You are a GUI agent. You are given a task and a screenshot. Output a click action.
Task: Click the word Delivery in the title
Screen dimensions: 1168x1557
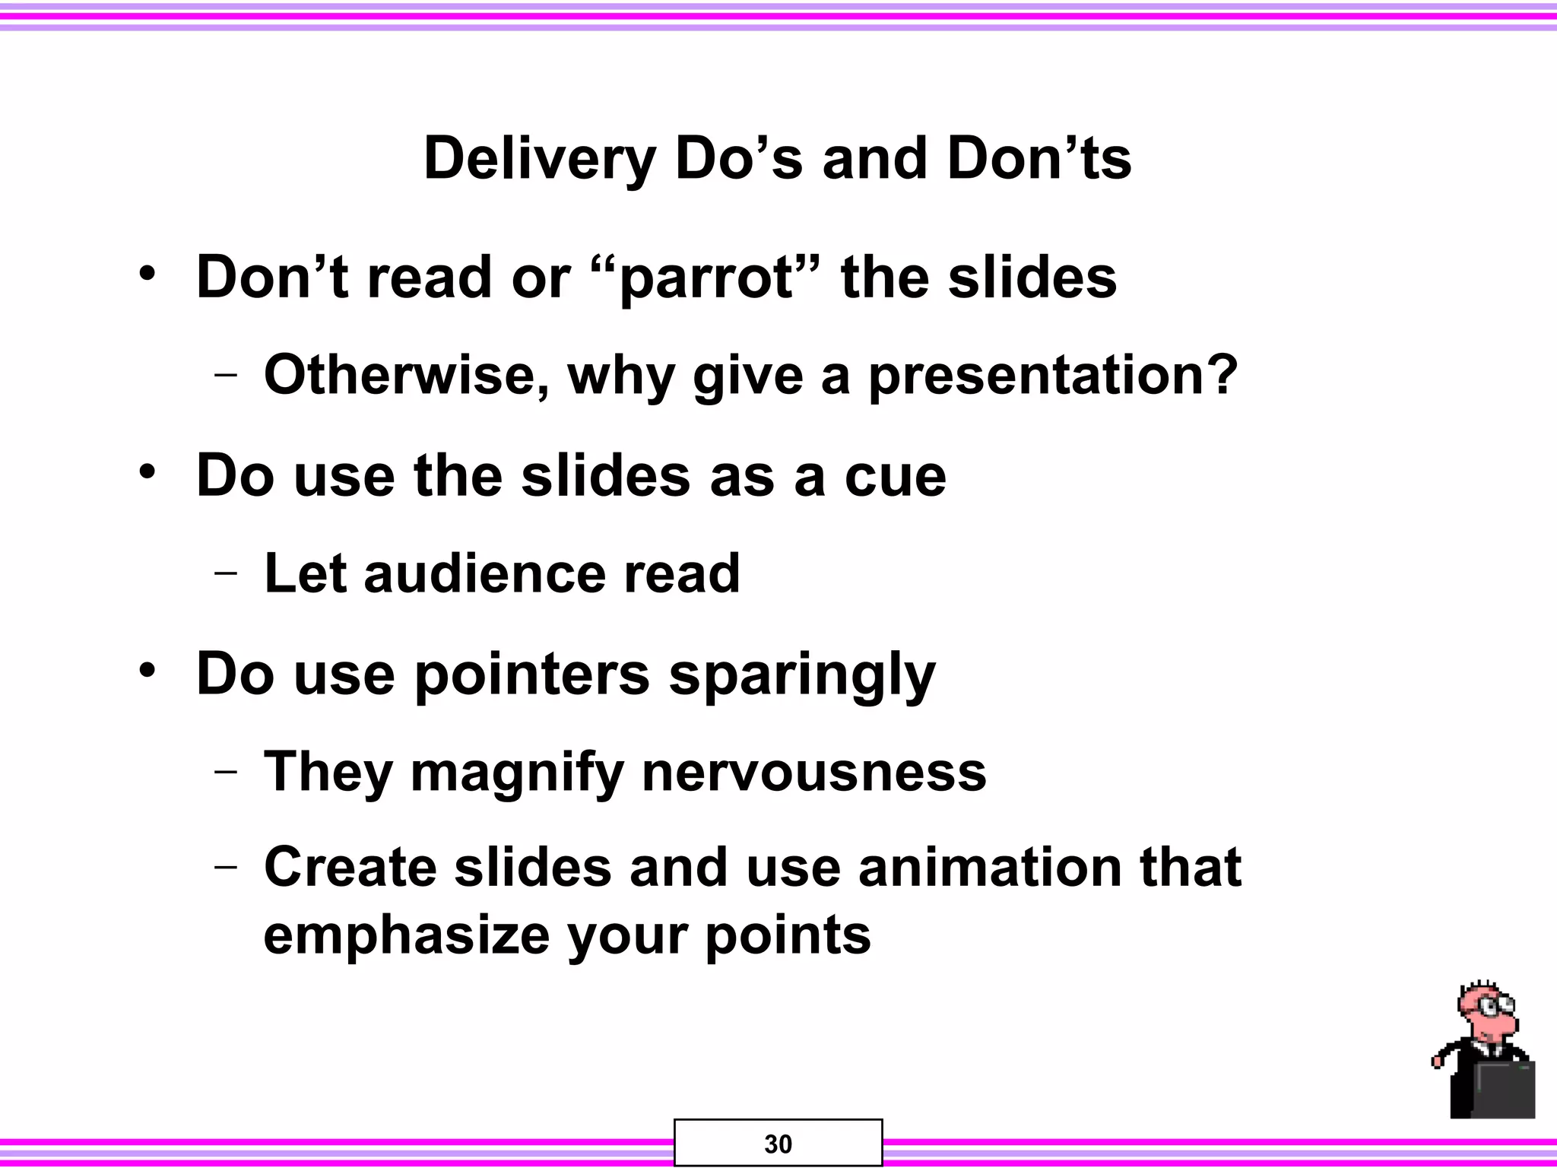539,160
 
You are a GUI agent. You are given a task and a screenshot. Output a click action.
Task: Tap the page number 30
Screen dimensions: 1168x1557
778,1144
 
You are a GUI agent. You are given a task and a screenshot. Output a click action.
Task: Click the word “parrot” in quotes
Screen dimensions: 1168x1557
705,278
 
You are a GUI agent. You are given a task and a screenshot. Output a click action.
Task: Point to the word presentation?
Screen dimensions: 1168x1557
1054,376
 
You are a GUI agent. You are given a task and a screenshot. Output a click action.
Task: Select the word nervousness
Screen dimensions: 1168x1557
813,773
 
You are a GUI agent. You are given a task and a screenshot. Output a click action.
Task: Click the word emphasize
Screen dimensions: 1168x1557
406,936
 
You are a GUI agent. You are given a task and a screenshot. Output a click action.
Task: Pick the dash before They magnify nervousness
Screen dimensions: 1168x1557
225,772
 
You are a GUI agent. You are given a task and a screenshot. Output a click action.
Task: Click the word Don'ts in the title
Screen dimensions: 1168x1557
1039,160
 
